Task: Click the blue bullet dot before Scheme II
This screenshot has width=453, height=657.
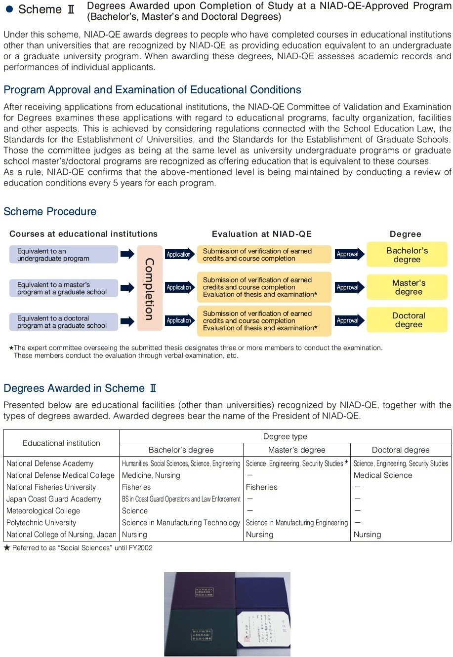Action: pyautogui.click(x=9, y=9)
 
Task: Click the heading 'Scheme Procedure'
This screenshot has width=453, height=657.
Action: pyautogui.click(x=50, y=212)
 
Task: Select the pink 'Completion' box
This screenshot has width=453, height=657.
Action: pyautogui.click(x=149, y=288)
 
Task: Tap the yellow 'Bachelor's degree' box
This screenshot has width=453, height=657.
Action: pyautogui.click(x=407, y=255)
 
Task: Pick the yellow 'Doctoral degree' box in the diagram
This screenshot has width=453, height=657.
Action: pyautogui.click(x=408, y=320)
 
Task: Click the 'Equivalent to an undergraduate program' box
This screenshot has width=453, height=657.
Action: pyautogui.click(x=64, y=255)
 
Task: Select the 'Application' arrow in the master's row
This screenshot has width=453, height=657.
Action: pyautogui.click(x=179, y=287)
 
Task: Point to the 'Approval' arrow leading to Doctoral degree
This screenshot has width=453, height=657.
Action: pyautogui.click(x=349, y=320)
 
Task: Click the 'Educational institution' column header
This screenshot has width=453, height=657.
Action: pyautogui.click(x=61, y=443)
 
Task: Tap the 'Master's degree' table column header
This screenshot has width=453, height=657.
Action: pyautogui.click(x=296, y=450)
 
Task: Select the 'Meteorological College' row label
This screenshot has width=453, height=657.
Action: pyautogui.click(x=43, y=511)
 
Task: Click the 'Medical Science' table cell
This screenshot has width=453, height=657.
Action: pyautogui.click(x=383, y=475)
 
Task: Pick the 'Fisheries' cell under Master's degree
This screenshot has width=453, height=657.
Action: pyautogui.click(x=262, y=487)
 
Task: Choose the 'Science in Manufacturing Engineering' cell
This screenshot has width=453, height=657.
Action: pyautogui.click(x=297, y=523)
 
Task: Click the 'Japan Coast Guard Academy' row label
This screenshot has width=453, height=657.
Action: pyautogui.click(x=54, y=499)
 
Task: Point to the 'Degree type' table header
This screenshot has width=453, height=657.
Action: pyautogui.click(x=285, y=436)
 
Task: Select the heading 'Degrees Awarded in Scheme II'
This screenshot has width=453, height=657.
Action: pyautogui.click(x=81, y=388)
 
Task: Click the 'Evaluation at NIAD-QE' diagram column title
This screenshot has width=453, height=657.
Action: pyautogui.click(x=262, y=234)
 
